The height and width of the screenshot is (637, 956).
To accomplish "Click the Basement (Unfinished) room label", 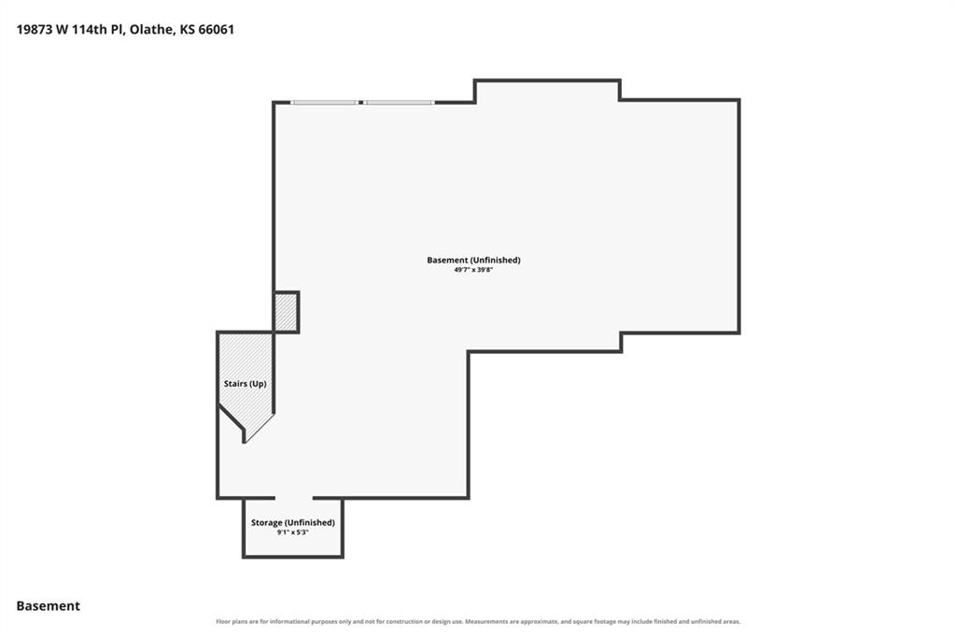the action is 473,260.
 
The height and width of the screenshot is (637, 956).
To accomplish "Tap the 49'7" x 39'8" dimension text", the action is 473,270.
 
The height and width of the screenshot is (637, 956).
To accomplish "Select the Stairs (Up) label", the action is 246,384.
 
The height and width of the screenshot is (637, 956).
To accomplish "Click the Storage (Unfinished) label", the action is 292,522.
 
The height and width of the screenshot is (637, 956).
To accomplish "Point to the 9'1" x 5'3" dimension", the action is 292,532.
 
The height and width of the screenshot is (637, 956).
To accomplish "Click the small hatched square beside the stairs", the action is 286,312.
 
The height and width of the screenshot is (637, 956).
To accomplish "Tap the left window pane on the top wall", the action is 324,103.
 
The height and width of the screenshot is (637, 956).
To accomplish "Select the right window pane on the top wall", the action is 400,103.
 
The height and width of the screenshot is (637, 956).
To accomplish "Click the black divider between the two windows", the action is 361,103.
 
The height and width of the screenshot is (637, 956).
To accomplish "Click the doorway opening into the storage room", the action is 294,498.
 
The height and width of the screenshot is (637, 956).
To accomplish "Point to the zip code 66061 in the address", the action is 217,29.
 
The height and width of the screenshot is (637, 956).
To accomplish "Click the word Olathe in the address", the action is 151,29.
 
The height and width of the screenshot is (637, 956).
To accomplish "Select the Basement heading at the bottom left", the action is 49,606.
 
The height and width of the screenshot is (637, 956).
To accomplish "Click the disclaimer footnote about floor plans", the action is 478,622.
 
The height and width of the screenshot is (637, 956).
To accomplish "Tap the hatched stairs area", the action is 246,372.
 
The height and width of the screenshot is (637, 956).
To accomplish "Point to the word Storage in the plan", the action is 266,522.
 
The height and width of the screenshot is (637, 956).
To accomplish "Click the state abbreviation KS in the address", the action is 187,29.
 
